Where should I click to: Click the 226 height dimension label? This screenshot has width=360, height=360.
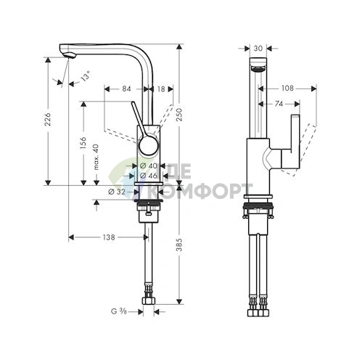pos(48,119)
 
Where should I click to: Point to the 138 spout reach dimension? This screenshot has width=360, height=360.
pos(108,237)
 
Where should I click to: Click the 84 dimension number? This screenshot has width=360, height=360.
pos(126,89)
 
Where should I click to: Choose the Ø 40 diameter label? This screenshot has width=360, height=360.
pos(148,166)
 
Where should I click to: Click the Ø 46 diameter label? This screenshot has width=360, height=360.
pos(148,176)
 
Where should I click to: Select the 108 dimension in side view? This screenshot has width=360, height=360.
pos(287,89)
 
